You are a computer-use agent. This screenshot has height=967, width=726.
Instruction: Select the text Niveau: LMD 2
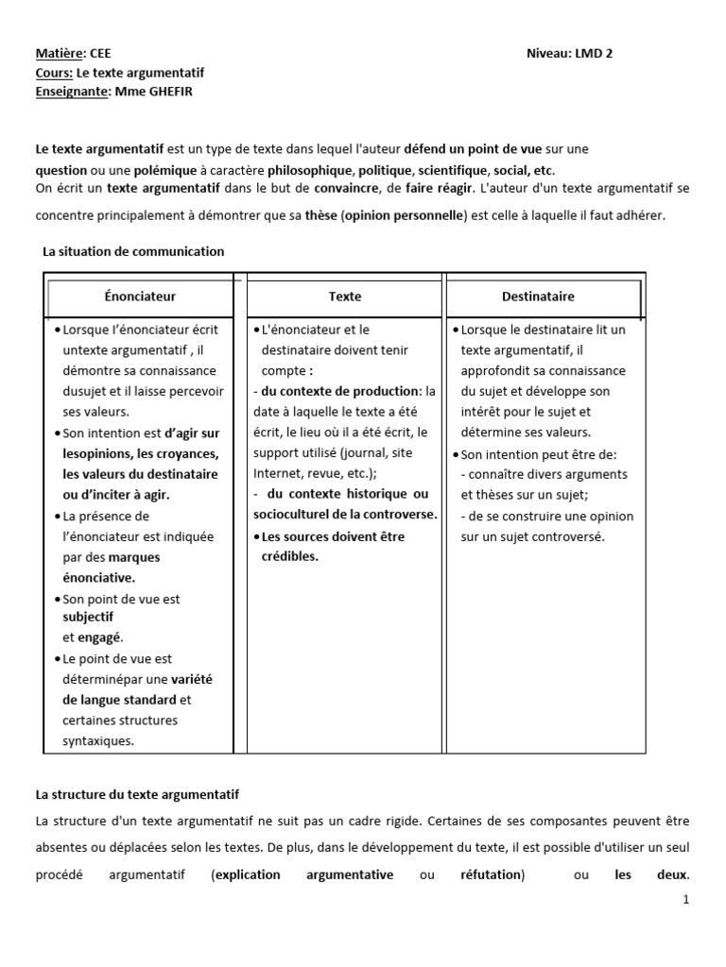click(569, 54)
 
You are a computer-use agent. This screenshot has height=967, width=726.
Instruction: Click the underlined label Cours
click(53, 73)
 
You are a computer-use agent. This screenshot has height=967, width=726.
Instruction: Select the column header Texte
click(345, 297)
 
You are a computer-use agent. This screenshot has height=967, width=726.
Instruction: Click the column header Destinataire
click(538, 297)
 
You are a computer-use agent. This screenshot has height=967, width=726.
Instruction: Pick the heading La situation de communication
click(133, 251)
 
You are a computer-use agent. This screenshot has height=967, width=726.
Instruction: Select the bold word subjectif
click(88, 617)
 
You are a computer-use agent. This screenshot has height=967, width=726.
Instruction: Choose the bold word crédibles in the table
click(290, 556)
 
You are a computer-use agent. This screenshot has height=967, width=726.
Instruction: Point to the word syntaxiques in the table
click(98, 741)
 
